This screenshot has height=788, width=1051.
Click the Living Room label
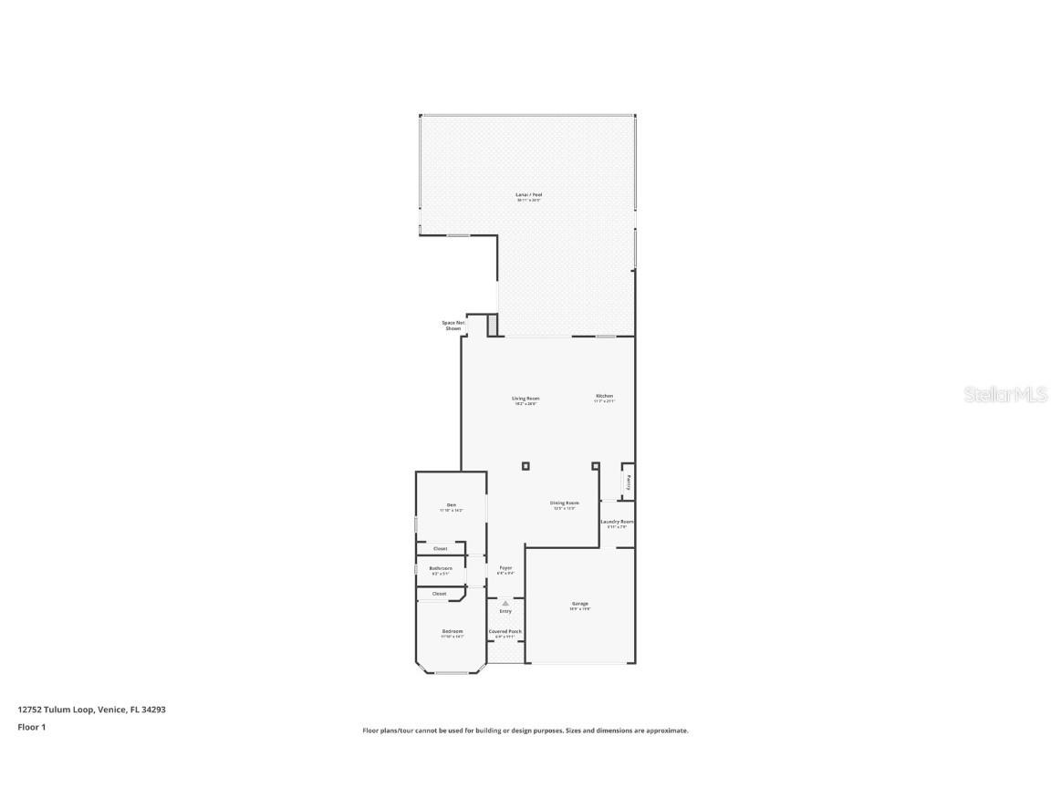(x=525, y=399)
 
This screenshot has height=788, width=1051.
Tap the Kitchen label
(x=605, y=396)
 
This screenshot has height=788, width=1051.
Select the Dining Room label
(x=564, y=503)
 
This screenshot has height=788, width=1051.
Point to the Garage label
(x=580, y=604)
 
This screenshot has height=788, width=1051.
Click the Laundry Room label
(x=617, y=522)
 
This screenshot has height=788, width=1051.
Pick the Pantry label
(x=629, y=481)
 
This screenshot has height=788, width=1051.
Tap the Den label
(x=451, y=505)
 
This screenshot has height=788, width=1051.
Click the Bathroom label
(x=441, y=568)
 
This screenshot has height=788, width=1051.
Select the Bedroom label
(x=453, y=631)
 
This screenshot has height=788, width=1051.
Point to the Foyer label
(x=505, y=568)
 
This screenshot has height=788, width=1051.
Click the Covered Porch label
(x=505, y=631)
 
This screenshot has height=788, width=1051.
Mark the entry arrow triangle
(x=505, y=603)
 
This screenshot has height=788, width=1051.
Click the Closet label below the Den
(x=441, y=548)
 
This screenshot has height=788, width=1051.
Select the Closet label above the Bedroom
(x=440, y=594)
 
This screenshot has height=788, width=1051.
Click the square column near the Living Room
(x=525, y=466)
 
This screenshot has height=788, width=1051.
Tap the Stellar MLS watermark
(x=1005, y=395)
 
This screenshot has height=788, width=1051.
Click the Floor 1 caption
(x=31, y=727)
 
